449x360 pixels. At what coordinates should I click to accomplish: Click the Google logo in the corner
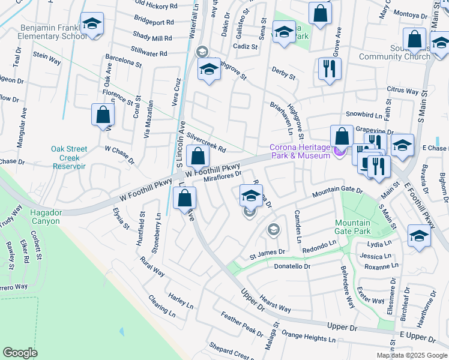20,352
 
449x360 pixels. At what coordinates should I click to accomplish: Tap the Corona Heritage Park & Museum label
300,151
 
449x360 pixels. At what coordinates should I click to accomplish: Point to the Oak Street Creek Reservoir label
68,157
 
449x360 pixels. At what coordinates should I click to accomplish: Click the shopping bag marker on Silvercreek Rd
197,157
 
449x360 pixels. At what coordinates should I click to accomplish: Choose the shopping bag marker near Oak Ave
103,115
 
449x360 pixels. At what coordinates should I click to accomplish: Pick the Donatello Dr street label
292,266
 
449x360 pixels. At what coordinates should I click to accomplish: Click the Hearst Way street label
276,304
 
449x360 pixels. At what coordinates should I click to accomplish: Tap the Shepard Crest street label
229,349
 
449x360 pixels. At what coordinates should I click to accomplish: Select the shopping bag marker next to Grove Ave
320,13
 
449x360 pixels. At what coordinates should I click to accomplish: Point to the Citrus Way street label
402,91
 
